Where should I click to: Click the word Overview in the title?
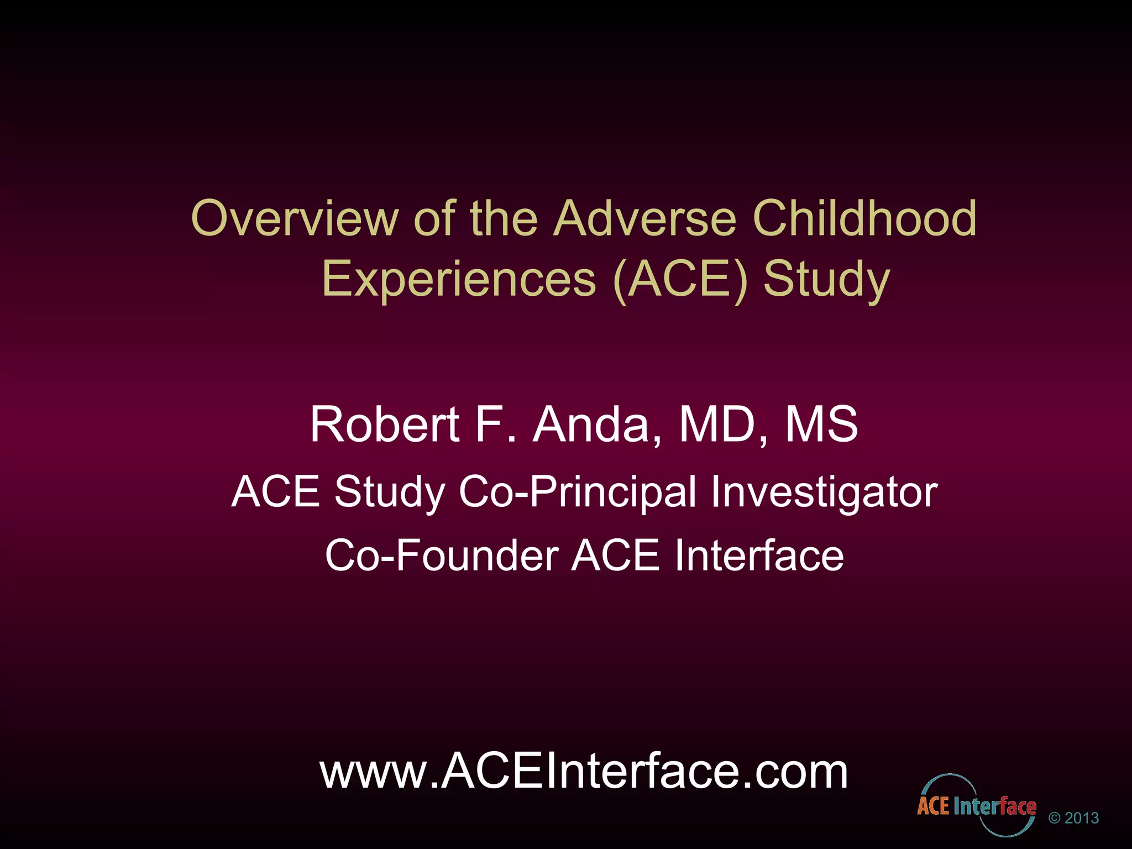pos(294,219)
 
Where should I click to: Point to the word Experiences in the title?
pos(459,280)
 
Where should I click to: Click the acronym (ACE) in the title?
pos(680,280)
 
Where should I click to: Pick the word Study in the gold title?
pos(826,280)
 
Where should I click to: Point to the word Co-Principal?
pos(578,492)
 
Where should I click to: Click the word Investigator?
pos(824,492)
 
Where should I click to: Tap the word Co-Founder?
pos(442,555)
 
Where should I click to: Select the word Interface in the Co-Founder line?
pos(759,555)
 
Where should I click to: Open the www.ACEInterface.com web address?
pos(584,772)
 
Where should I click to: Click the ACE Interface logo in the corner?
pos(976,806)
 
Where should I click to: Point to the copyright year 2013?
pos(1082,818)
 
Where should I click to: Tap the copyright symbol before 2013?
pos(1055,818)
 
